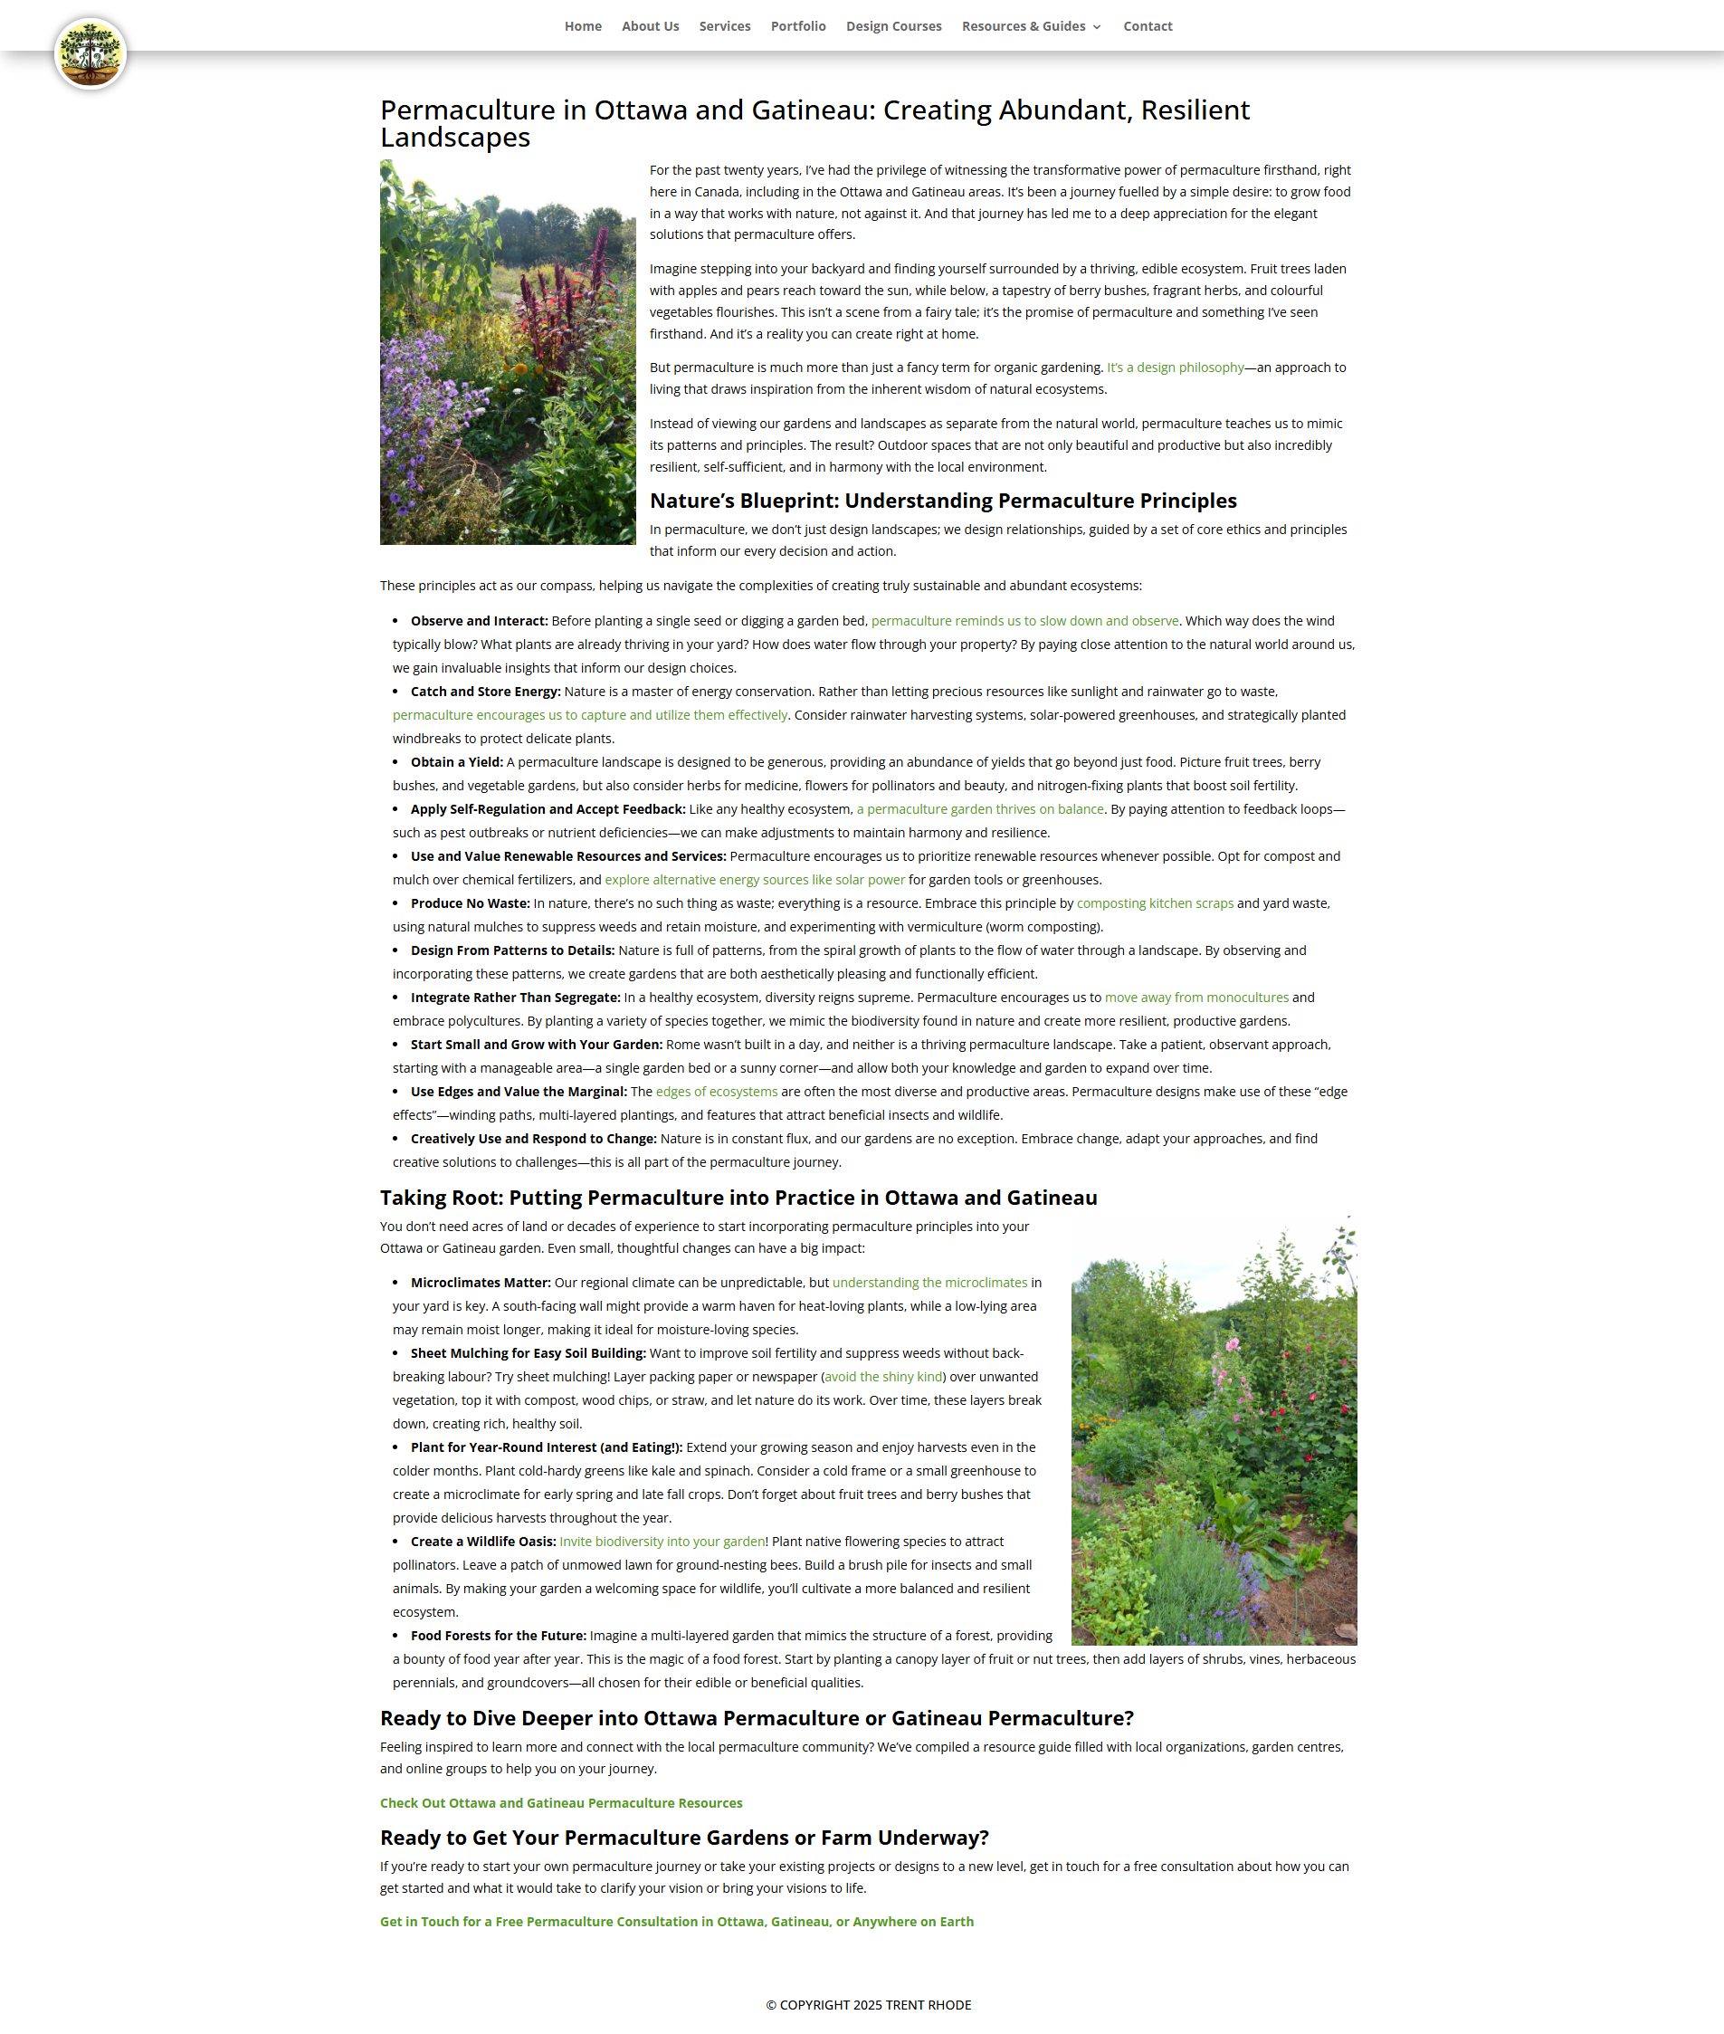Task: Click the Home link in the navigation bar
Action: tap(583, 26)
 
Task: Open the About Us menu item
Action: tap(650, 26)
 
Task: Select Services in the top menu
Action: tap(724, 26)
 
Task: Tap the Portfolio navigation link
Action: tap(797, 26)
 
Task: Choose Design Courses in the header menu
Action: tap(893, 26)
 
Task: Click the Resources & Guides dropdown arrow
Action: tap(1097, 27)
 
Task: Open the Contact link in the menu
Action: tap(1148, 26)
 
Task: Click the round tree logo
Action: tap(90, 53)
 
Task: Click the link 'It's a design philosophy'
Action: tap(1175, 368)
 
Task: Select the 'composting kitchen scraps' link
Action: tap(1154, 903)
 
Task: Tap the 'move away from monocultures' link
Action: tap(1196, 997)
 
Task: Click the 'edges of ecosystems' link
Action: tap(717, 1091)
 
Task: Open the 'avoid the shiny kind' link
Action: tap(883, 1376)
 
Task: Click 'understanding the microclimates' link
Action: tap(929, 1283)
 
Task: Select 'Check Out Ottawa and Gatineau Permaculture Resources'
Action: tap(561, 1802)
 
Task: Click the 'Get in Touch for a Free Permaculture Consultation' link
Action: tap(676, 1921)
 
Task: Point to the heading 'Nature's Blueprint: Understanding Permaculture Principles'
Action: tap(943, 501)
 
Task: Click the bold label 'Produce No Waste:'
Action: tap(470, 903)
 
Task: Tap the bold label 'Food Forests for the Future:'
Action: tap(499, 1635)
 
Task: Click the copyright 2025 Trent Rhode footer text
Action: tap(868, 2005)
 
